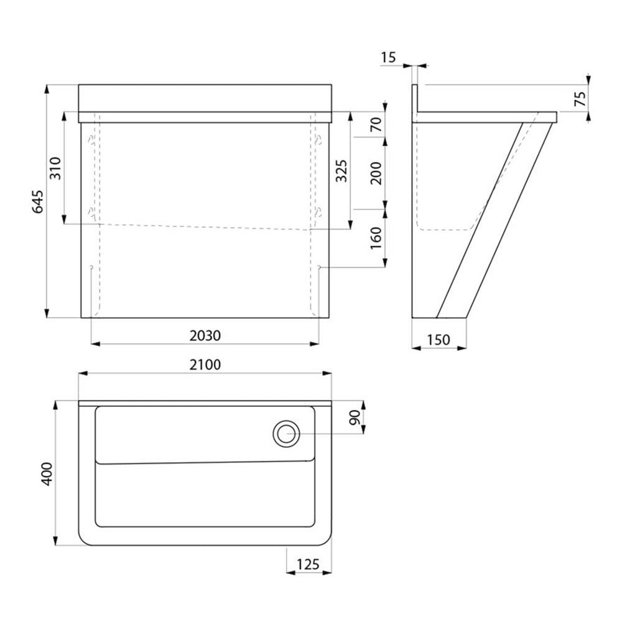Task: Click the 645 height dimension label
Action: (37, 202)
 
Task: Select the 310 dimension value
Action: (55, 168)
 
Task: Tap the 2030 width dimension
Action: (205, 336)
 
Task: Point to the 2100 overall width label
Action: (205, 364)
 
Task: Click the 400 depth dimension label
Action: (47, 473)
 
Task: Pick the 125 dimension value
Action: (308, 564)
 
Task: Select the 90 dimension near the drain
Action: (355, 417)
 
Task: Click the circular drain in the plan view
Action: (286, 434)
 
